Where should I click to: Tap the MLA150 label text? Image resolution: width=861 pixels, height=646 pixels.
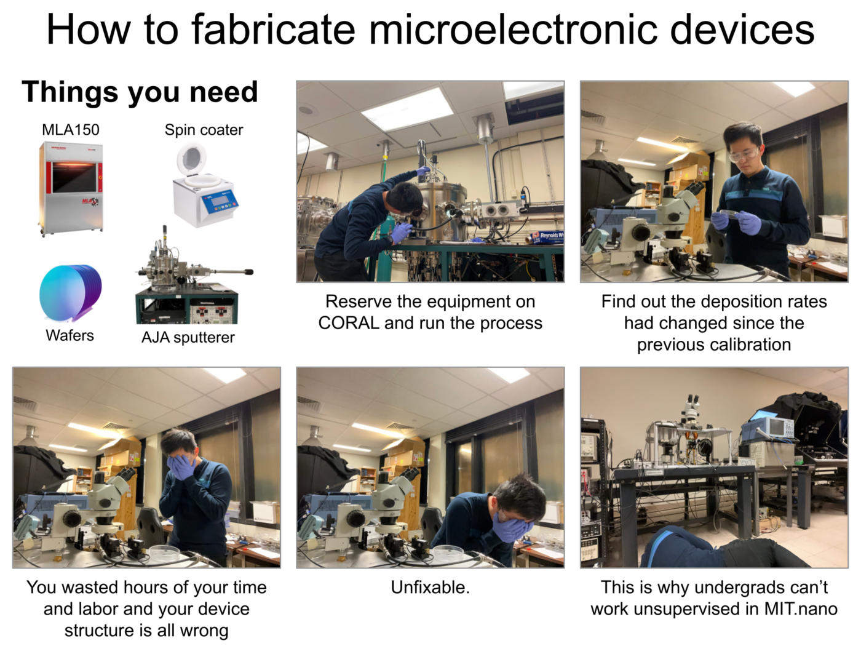click(x=71, y=130)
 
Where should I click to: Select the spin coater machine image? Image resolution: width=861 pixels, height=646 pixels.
click(x=204, y=185)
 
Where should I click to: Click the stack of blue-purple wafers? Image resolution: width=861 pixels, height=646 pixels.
click(x=71, y=293)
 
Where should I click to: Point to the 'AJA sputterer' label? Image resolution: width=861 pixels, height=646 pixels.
click(x=188, y=337)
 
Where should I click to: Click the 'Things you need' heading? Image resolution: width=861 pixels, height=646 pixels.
click(x=140, y=92)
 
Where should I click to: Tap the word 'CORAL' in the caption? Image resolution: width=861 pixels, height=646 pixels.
click(x=348, y=323)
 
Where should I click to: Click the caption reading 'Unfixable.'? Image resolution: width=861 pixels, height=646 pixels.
click(x=430, y=588)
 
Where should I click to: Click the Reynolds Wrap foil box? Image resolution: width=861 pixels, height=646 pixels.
click(x=547, y=236)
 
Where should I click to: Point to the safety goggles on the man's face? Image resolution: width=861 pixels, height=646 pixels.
click(x=744, y=154)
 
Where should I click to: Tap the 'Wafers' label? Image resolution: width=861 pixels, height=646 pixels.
click(x=70, y=336)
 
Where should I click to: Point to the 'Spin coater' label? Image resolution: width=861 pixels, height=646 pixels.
click(x=204, y=130)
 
